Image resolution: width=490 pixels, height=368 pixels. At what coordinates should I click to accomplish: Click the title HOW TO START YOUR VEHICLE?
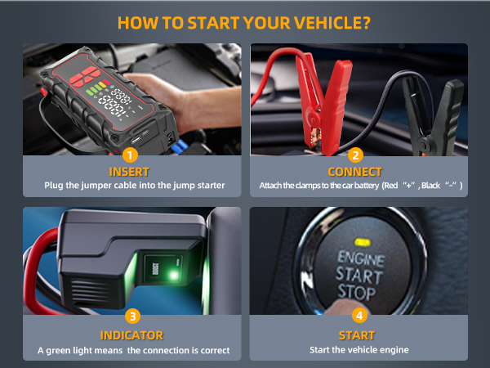pos(244,20)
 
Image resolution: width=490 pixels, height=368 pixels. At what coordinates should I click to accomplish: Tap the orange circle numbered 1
pos(131,155)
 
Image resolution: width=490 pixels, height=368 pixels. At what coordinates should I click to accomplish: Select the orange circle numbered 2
pos(355,155)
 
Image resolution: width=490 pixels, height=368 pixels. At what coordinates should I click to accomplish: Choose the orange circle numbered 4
pos(359,315)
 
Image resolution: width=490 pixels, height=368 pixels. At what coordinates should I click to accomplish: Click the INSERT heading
pos(131,172)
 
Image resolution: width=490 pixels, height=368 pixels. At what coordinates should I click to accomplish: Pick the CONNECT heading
pos(355,172)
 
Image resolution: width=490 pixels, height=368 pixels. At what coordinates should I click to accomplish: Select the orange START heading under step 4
pos(356,335)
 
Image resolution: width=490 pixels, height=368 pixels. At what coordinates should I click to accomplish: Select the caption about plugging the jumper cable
pos(131,186)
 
